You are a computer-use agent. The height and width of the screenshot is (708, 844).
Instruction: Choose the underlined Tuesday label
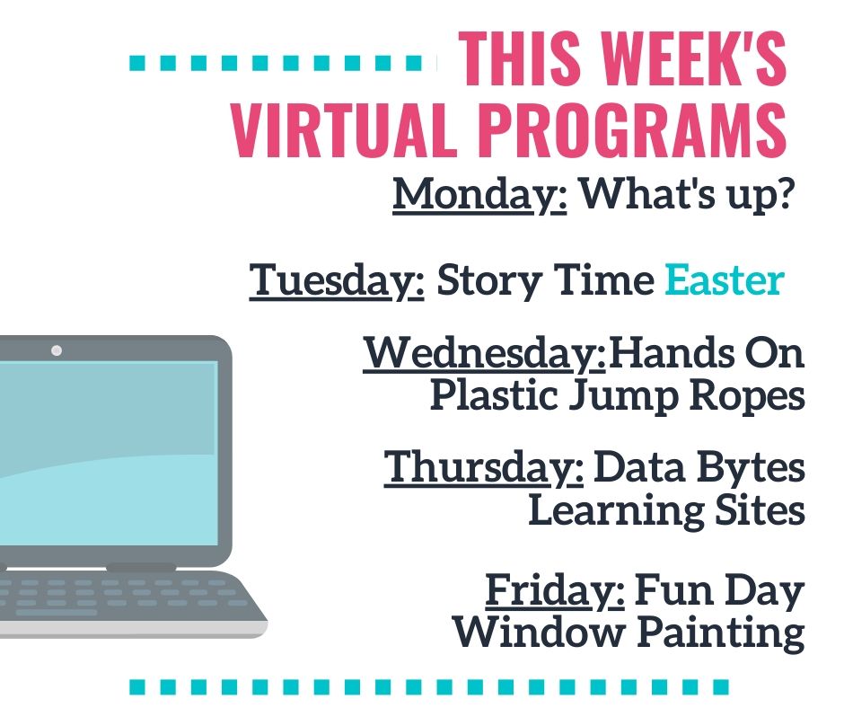[337, 280]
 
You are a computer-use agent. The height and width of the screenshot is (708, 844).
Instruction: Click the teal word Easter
[725, 279]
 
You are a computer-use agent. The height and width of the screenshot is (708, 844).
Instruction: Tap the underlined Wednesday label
[485, 353]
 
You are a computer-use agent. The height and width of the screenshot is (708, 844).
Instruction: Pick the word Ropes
[748, 397]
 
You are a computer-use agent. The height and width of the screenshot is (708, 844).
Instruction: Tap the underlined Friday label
[555, 590]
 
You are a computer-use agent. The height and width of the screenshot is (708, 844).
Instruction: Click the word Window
[538, 632]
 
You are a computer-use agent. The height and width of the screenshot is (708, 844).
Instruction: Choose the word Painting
[721, 633]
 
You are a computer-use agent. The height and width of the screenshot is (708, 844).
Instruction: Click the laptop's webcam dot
[57, 350]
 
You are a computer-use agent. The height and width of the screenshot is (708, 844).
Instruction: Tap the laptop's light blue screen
[108, 453]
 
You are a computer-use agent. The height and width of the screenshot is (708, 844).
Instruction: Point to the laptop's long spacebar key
[56, 613]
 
